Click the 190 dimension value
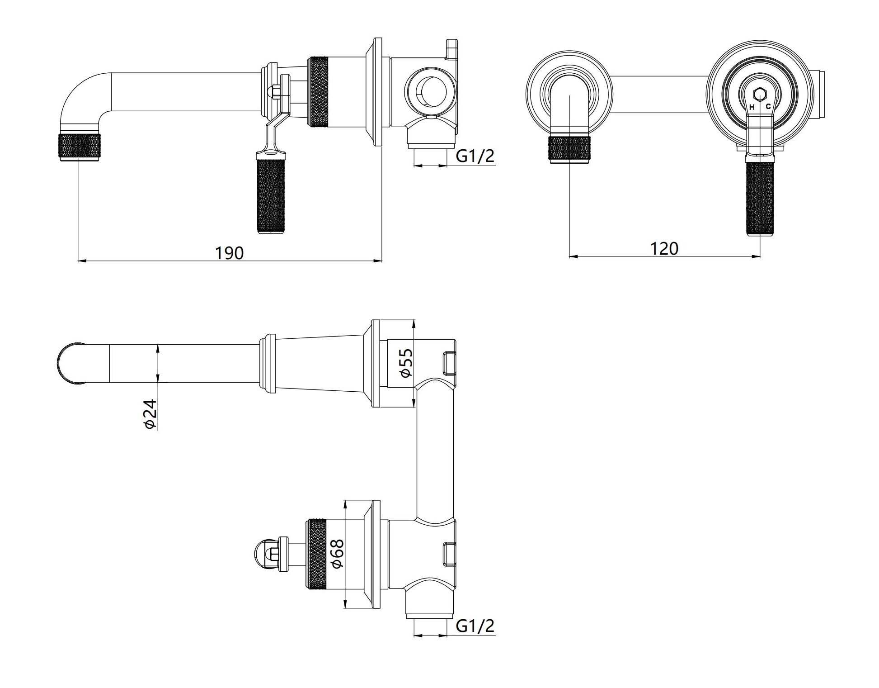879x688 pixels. pyautogui.click(x=229, y=253)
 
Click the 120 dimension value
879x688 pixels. pyautogui.click(x=664, y=249)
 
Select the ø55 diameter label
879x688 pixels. pyautogui.click(x=405, y=363)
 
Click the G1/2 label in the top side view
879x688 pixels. pyautogui.click(x=475, y=156)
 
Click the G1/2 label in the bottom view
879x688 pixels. pyautogui.click(x=475, y=626)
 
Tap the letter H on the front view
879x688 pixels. pyautogui.click(x=752, y=107)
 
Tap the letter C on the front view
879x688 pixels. pyautogui.click(x=768, y=107)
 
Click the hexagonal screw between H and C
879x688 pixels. pyautogui.click(x=760, y=94)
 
